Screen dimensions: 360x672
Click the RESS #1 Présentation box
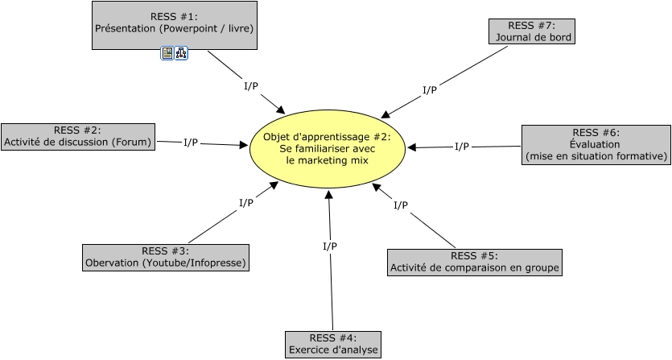pyautogui.click(x=174, y=22)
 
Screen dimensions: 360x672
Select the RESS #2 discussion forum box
pyautogui.click(x=77, y=137)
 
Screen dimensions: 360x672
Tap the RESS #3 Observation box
pyautogui.click(x=165, y=257)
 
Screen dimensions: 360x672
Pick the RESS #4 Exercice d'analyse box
pyautogui.click(x=333, y=344)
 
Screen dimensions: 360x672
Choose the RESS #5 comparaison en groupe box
pyautogui.click(x=474, y=262)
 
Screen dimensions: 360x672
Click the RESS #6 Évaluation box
pyautogui.click(x=596, y=145)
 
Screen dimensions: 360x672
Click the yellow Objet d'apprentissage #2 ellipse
pyautogui.click(x=327, y=149)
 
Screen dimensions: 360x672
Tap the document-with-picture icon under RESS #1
pyautogui.click(x=167, y=53)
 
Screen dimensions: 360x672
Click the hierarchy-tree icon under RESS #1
pyautogui.click(x=181, y=53)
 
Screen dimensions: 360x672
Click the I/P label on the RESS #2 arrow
pyautogui.click(x=191, y=143)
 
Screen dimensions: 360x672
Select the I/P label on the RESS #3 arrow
pyautogui.click(x=246, y=203)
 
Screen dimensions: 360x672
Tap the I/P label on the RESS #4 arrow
pyautogui.click(x=330, y=246)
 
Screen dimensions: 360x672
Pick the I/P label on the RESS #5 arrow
pyautogui.click(x=400, y=205)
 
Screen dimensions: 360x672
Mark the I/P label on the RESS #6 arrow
pyautogui.click(x=462, y=147)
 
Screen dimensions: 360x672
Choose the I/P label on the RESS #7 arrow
pyautogui.click(x=430, y=90)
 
